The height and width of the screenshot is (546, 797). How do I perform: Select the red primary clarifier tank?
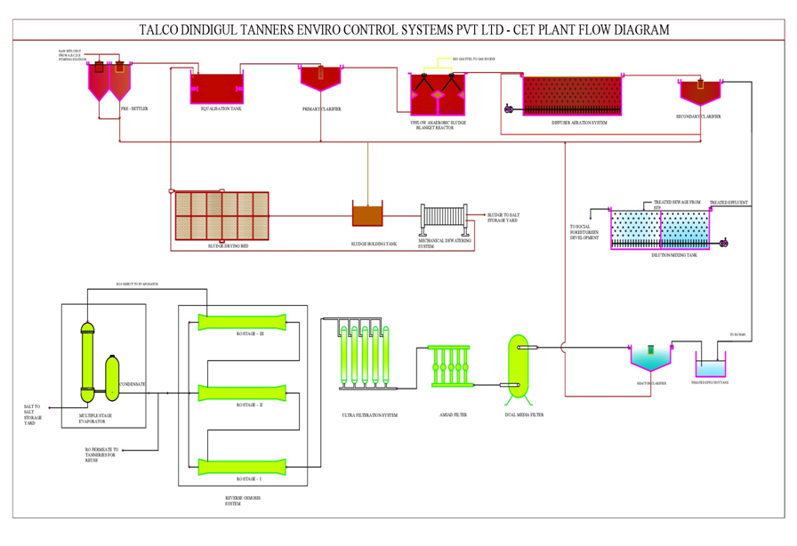(x=322, y=78)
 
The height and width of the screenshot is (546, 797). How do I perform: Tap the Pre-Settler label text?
(x=134, y=108)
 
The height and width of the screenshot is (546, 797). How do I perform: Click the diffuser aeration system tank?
(x=573, y=95)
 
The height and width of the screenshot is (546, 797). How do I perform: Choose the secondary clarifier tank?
(x=700, y=92)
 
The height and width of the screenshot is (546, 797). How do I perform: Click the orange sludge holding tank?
(x=367, y=214)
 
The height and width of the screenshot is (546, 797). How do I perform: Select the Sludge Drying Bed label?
(x=228, y=245)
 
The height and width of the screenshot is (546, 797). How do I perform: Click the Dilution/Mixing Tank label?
(x=674, y=255)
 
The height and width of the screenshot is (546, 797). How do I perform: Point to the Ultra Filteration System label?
(x=369, y=414)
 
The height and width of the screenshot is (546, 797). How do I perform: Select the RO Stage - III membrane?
(x=242, y=321)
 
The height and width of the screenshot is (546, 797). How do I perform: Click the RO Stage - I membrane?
(x=242, y=464)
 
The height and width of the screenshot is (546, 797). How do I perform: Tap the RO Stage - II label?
(x=249, y=405)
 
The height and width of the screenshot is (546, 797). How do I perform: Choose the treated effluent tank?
(x=710, y=366)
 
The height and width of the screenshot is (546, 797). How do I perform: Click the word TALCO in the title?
(x=165, y=29)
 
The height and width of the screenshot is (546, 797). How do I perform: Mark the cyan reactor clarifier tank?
(x=650, y=358)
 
